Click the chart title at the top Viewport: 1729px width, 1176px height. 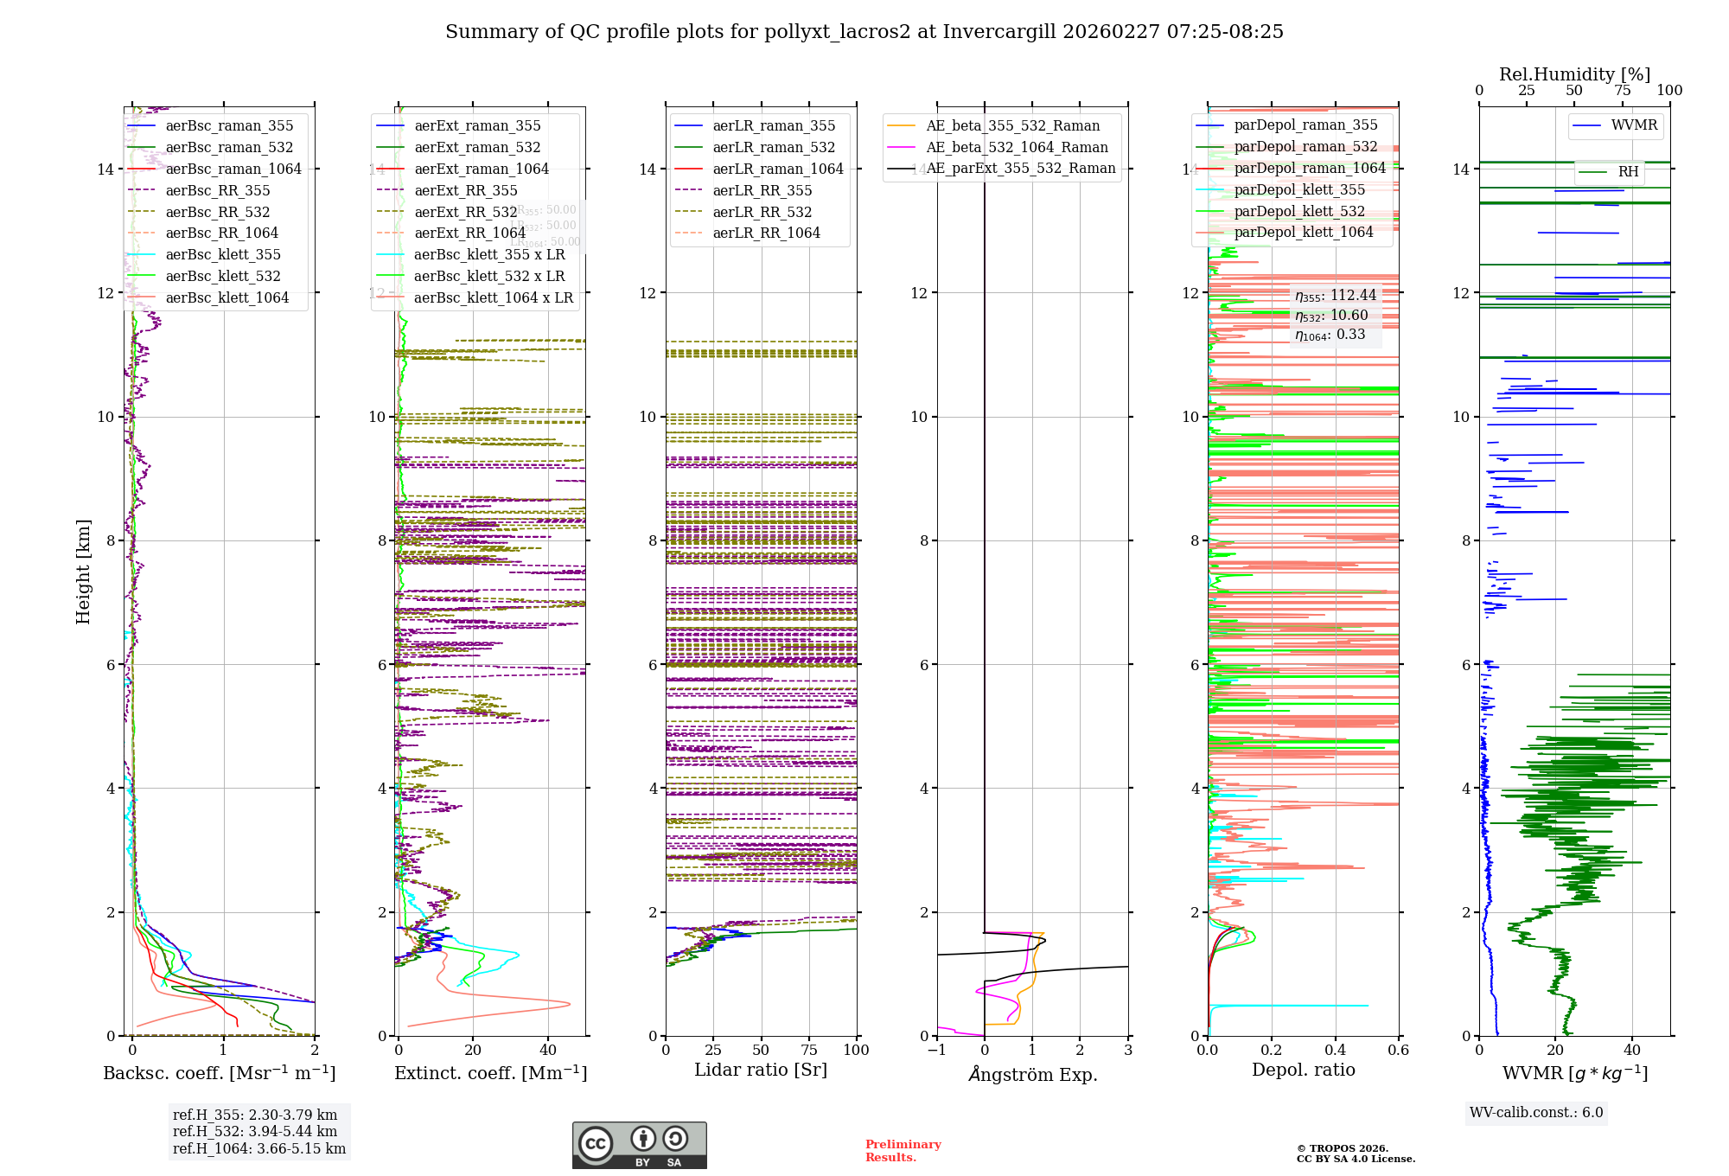coord(864,32)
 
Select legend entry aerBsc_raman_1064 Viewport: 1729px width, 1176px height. coord(233,169)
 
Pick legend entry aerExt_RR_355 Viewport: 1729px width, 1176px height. coord(465,190)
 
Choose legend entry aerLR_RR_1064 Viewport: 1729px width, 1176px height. coord(766,233)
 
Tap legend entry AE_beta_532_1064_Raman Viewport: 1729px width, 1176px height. coord(1017,147)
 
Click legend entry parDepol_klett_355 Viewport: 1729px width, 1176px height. coord(1299,189)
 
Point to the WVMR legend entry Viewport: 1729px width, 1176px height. coord(1634,125)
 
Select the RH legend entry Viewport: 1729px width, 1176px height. coord(1628,172)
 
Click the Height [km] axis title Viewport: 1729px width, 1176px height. coord(83,572)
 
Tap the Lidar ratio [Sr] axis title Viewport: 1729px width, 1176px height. coord(761,1070)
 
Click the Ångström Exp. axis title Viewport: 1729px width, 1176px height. coord(1033,1074)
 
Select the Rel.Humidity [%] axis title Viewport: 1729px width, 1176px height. coord(1574,74)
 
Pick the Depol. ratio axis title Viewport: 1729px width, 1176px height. coord(1303,1070)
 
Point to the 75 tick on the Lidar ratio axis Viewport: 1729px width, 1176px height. coord(809,1050)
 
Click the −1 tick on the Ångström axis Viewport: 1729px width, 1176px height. coord(936,1050)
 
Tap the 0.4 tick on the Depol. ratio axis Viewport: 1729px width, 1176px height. coord(1335,1050)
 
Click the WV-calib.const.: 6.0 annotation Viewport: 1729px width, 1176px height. coord(1536,1113)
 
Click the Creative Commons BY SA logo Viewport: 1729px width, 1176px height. coord(639,1145)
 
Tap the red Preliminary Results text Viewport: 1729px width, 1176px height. coord(903,1150)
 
